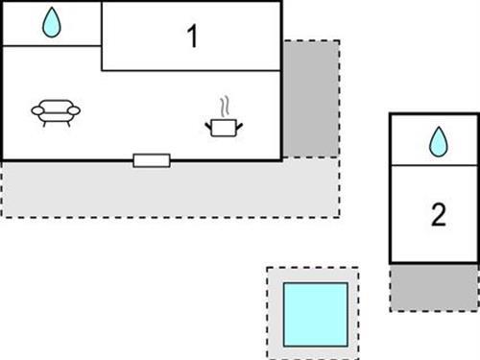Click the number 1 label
click(192, 37)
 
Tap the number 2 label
click(438, 215)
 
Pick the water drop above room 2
click(438, 142)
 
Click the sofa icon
click(56, 113)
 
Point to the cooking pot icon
click(223, 125)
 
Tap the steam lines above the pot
click(226, 104)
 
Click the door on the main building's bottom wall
click(152, 160)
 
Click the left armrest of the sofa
click(37, 112)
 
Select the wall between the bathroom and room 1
click(101, 24)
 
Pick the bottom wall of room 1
click(192, 70)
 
